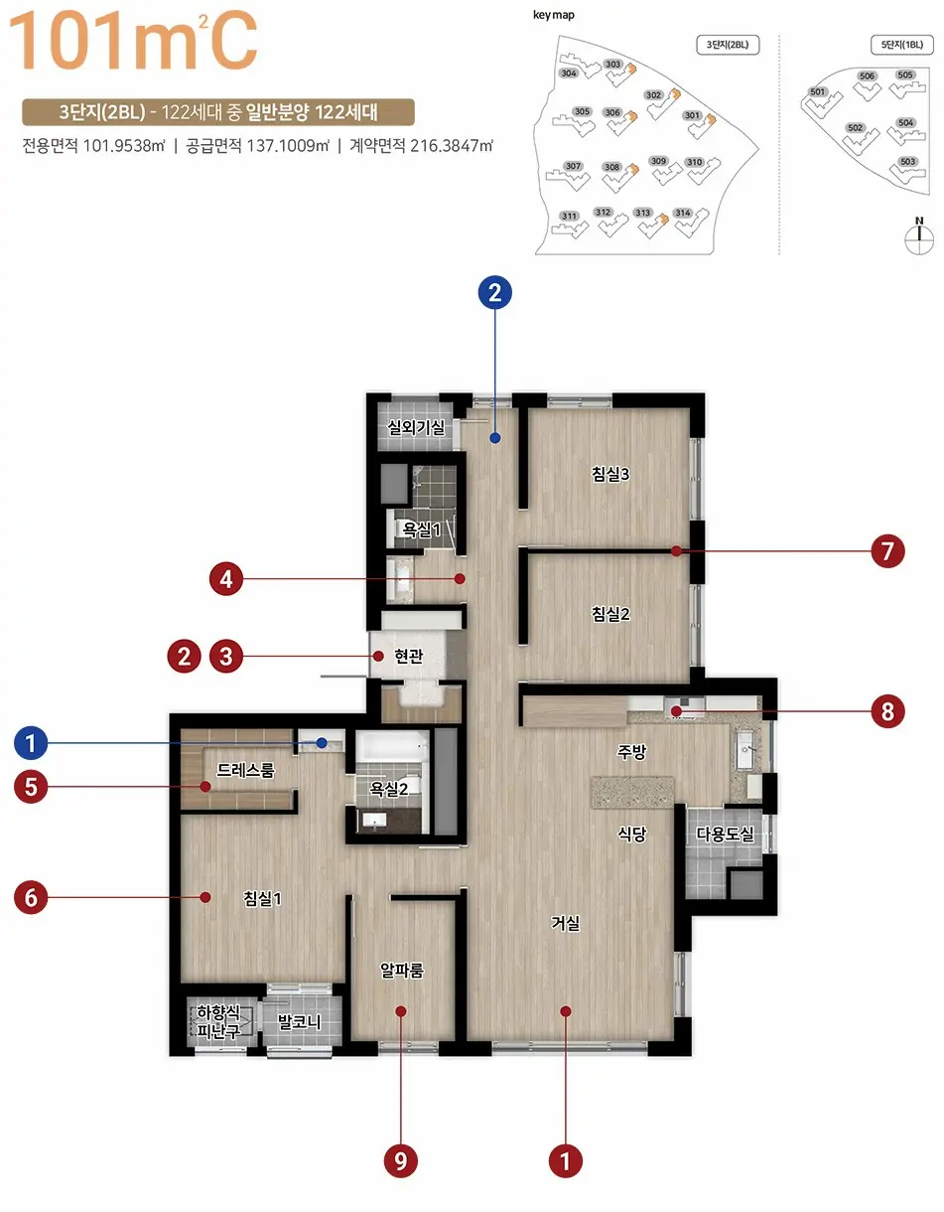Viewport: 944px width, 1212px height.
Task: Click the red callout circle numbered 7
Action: (x=887, y=551)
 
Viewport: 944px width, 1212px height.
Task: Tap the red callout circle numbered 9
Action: (x=400, y=1160)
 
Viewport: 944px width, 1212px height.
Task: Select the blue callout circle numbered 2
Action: (x=495, y=293)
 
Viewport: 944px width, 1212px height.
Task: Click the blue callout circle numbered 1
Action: (x=31, y=743)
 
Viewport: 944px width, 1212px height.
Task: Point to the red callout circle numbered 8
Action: (x=887, y=711)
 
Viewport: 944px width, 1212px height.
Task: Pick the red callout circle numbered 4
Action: (x=225, y=579)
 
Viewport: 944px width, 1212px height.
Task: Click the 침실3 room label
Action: (x=610, y=474)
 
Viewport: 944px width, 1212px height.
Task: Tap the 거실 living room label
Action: (x=565, y=923)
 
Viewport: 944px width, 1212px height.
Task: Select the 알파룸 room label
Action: (x=401, y=971)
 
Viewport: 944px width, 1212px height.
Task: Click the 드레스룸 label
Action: (x=245, y=770)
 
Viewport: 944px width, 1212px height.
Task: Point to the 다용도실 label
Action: (x=725, y=834)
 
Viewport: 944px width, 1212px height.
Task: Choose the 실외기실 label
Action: (x=416, y=427)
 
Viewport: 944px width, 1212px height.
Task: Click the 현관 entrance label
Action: (x=409, y=656)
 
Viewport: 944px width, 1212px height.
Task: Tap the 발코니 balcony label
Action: (x=299, y=1022)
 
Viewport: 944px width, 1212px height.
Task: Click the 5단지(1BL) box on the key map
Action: (x=901, y=45)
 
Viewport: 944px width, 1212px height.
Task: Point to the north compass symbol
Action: (x=919, y=236)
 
